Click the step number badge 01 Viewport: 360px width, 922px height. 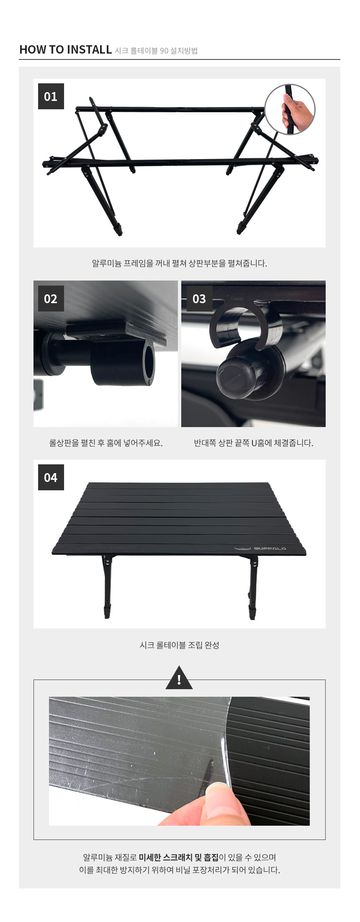pos(51,96)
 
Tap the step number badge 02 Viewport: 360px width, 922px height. pos(51,299)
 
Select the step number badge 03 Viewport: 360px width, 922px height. pos(199,299)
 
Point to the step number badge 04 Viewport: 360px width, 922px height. pos(51,477)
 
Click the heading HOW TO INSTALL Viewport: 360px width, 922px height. pos(65,49)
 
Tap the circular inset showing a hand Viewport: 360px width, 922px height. pos(290,109)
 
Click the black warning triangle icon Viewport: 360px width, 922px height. pos(179,678)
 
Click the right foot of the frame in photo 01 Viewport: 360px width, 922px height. pos(241,228)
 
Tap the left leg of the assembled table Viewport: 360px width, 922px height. pos(106,586)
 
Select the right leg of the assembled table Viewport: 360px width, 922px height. pos(253,586)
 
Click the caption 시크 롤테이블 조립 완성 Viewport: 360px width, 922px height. pos(180,645)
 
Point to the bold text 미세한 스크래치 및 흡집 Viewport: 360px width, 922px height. pos(179,857)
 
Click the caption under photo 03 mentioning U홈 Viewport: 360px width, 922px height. pos(254,443)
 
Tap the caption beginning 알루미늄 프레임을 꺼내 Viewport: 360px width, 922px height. pos(180,263)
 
